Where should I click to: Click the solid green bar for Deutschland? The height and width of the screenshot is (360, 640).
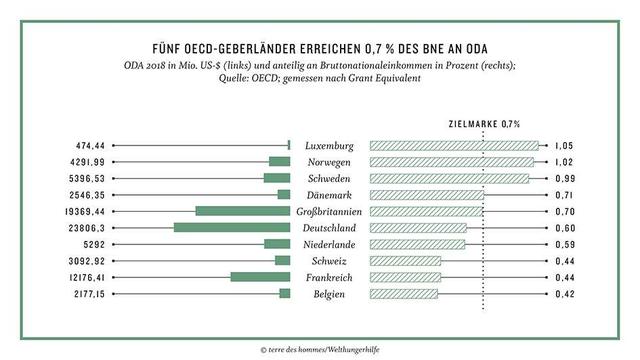tap(232, 227)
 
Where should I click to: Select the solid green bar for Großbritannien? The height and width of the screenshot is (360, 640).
tap(243, 211)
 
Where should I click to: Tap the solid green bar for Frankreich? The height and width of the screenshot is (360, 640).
tap(260, 277)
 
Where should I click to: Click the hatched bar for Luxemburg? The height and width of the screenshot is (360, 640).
tap(454, 145)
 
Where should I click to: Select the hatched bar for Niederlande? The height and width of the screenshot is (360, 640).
tap(417, 244)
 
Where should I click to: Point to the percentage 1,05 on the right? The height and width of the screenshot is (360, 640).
tap(567, 145)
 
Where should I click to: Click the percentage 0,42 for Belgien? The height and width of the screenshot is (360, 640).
tap(567, 294)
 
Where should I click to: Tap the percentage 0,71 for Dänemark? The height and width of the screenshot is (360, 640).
tap(567, 194)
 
